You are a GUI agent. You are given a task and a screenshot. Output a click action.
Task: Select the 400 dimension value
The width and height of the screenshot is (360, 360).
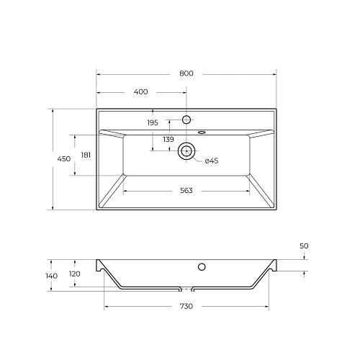[141, 92]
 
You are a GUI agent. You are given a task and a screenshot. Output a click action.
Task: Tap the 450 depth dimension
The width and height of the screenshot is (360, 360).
[65, 159]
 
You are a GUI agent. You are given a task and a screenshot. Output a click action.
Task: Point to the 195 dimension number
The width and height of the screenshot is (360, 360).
[153, 123]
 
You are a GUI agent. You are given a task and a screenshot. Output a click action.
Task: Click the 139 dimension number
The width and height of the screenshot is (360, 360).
[168, 139]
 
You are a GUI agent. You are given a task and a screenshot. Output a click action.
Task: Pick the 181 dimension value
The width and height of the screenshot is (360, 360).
[86, 155]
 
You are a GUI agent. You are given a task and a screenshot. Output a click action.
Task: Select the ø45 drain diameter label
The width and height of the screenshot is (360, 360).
[211, 161]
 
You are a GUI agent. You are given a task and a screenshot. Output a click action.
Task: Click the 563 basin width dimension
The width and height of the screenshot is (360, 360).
[187, 191]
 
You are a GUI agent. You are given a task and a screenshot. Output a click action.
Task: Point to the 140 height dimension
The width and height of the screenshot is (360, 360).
[51, 276]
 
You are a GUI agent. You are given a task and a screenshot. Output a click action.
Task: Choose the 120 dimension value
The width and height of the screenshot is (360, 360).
[76, 274]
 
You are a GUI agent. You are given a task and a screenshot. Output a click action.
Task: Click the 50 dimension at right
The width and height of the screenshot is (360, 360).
[304, 246]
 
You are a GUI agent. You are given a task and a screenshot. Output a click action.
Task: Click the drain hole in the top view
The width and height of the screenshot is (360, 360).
[187, 151]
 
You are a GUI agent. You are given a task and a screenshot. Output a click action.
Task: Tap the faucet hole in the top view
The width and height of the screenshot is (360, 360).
[187, 119]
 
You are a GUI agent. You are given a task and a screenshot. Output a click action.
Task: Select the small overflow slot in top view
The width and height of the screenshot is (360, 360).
[202, 132]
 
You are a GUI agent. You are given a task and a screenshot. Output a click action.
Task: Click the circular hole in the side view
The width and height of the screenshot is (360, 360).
[202, 268]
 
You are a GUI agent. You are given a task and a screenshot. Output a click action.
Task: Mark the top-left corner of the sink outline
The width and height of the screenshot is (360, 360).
[96, 109]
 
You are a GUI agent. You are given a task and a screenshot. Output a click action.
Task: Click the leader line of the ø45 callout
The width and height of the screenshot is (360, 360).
[198, 157]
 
